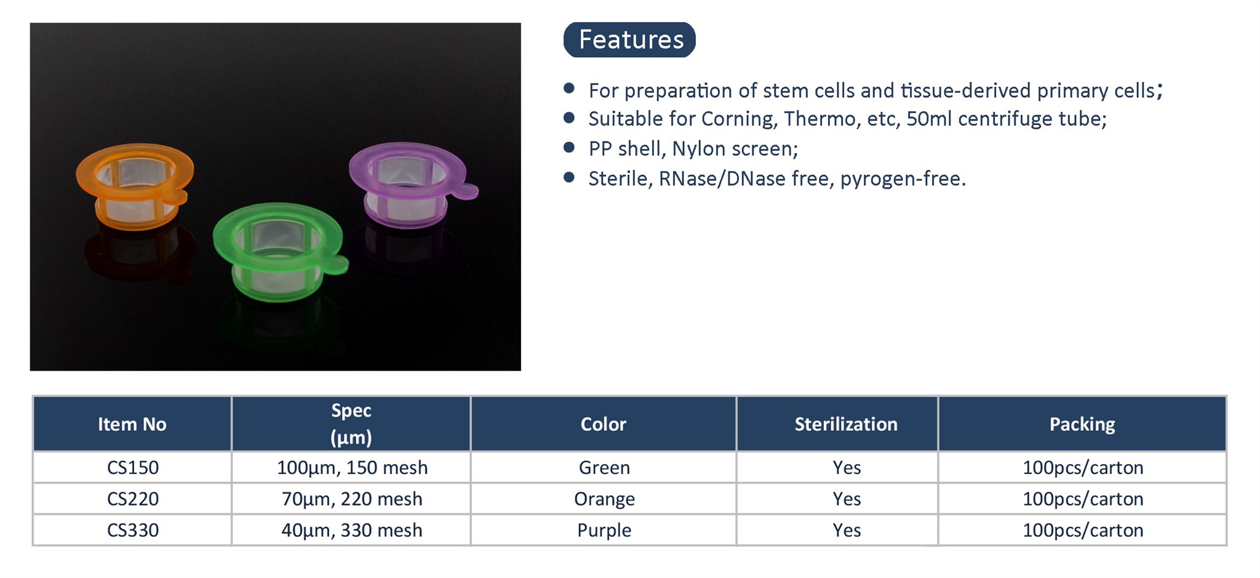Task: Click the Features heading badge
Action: (x=629, y=40)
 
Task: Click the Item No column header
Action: (x=132, y=424)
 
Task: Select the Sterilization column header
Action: (x=846, y=424)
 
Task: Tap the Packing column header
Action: (x=1082, y=424)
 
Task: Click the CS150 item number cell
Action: (x=133, y=468)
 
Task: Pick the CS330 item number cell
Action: (x=133, y=530)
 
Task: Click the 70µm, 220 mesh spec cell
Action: (x=352, y=499)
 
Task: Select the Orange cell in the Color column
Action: (x=604, y=499)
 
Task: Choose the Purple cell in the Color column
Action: (x=604, y=530)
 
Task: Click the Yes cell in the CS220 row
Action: (x=847, y=499)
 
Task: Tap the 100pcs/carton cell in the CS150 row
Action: (x=1083, y=468)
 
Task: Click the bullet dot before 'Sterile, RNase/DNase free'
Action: (x=569, y=178)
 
